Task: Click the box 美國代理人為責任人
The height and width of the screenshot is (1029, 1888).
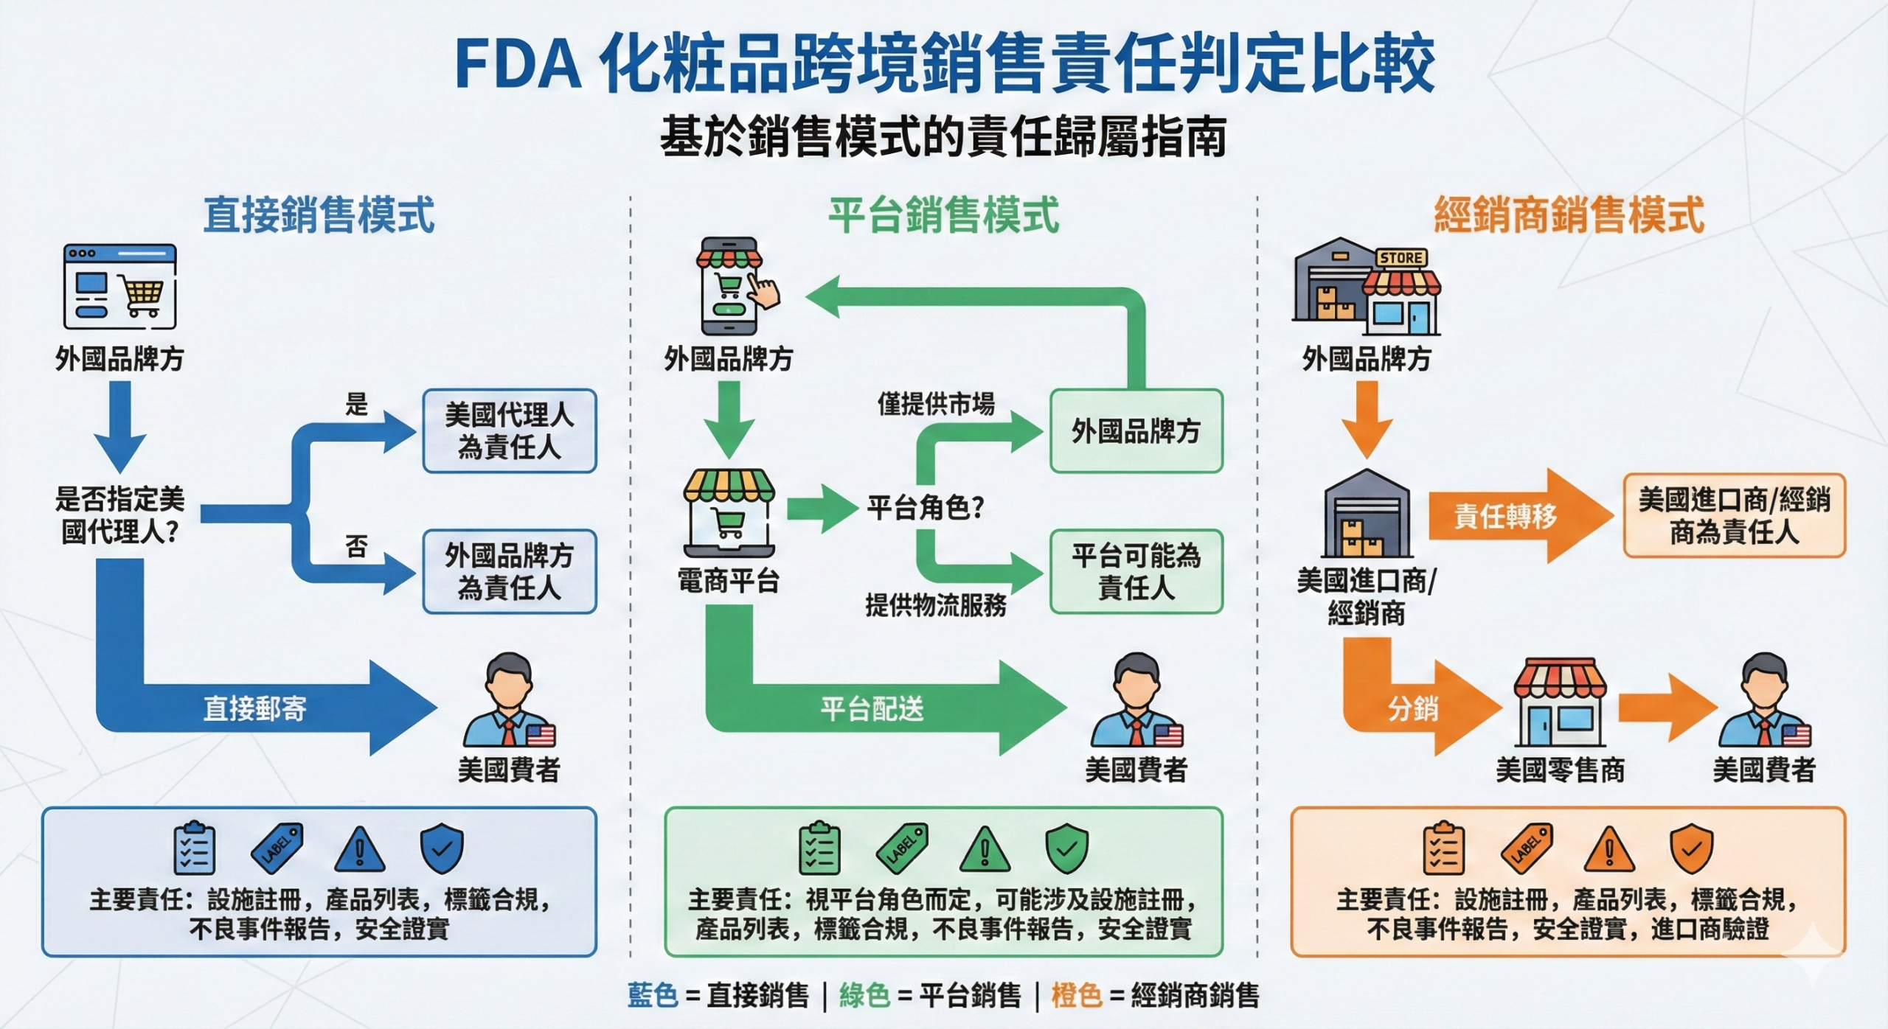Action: (509, 431)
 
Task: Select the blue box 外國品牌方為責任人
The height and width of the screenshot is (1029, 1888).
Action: (509, 571)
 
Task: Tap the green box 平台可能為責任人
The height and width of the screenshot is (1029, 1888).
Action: (1136, 571)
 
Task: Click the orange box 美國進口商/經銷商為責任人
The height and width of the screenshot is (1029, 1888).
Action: (1734, 515)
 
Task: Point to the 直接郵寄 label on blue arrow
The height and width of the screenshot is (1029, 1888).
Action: (254, 709)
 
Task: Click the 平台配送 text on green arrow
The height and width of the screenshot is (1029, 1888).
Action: (872, 709)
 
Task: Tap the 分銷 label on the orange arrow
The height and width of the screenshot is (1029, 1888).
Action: (1412, 709)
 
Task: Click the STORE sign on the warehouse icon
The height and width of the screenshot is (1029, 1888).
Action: (1401, 258)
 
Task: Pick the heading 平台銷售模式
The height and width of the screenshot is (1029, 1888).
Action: (943, 215)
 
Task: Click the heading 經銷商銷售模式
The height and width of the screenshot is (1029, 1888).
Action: (1569, 215)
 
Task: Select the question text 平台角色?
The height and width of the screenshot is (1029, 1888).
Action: (926, 508)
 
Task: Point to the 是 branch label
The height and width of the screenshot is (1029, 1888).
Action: (356, 404)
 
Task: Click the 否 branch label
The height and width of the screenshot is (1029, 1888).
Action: (356, 546)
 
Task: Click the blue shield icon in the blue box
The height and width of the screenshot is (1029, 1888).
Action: (441, 848)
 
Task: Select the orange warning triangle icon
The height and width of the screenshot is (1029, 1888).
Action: (1609, 849)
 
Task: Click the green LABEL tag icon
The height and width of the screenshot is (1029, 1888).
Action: (901, 848)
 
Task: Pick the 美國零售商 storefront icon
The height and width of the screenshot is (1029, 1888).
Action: (1560, 704)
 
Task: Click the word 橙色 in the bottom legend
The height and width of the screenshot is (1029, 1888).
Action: (1076, 995)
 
